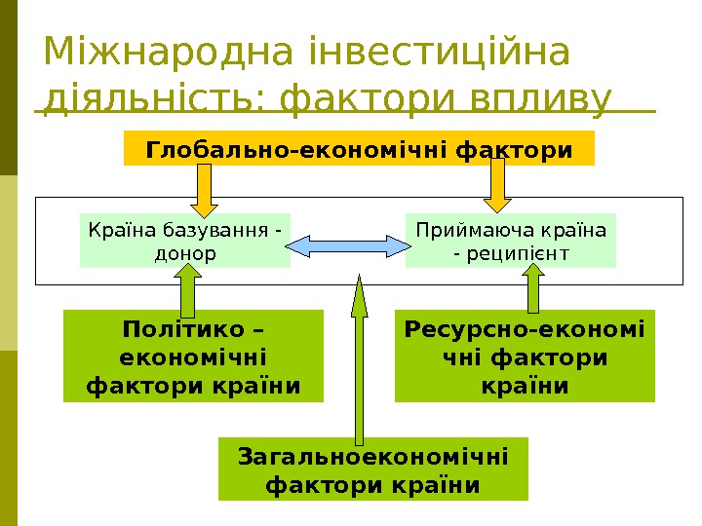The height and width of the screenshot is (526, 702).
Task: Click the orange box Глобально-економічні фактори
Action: click(x=359, y=149)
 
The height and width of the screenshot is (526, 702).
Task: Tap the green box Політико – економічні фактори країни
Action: click(x=193, y=356)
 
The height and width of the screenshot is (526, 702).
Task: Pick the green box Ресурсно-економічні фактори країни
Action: click(x=525, y=356)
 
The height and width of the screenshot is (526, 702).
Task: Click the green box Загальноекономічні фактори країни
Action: click(x=372, y=470)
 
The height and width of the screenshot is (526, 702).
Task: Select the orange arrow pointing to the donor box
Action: click(x=205, y=187)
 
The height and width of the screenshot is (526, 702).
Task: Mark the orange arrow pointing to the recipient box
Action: click(x=498, y=185)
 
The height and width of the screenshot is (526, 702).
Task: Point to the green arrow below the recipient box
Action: click(x=534, y=289)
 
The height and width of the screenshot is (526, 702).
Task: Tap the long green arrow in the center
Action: click(x=360, y=360)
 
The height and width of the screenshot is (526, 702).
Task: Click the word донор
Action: click(x=185, y=254)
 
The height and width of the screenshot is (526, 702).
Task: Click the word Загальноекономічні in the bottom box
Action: click(x=372, y=456)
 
